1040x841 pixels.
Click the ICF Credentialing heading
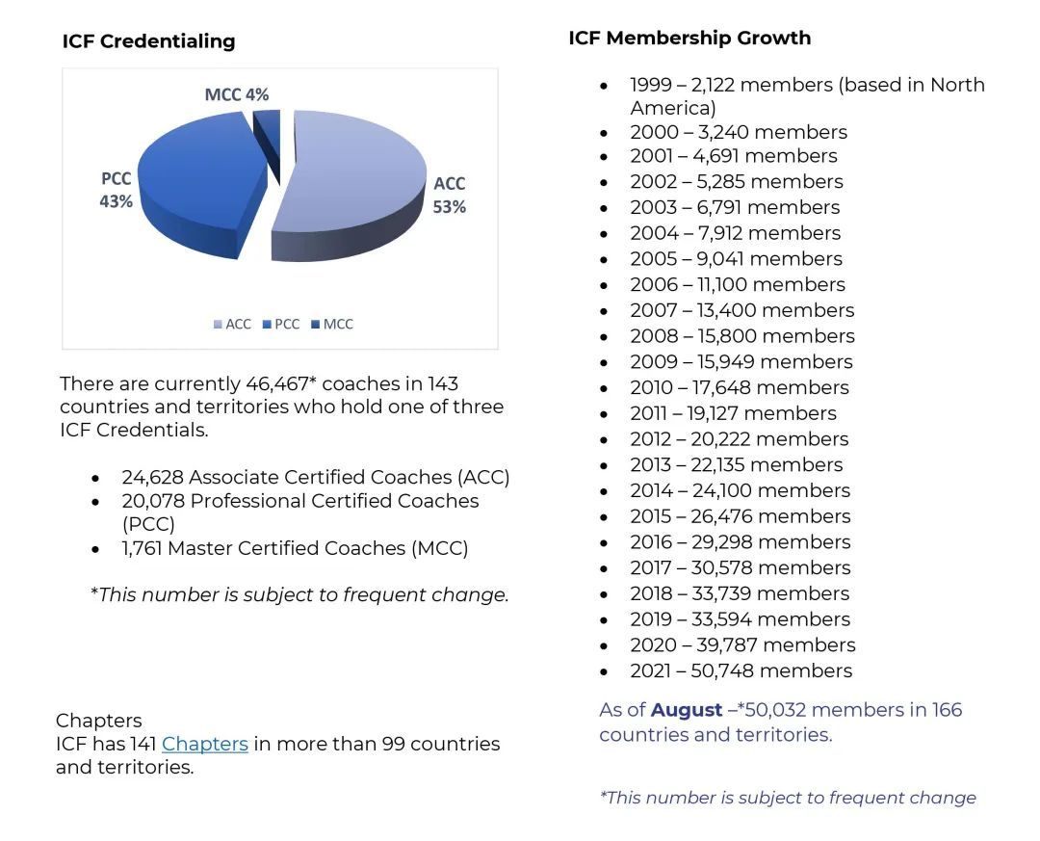(148, 40)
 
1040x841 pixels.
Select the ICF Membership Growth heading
(689, 38)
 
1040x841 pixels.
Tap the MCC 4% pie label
(237, 94)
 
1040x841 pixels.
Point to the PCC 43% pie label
(116, 191)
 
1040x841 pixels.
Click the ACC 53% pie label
(450, 195)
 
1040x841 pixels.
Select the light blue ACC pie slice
(356, 183)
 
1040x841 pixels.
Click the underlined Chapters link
(205, 744)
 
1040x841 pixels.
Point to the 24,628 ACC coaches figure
(151, 477)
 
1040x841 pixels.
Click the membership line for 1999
(807, 85)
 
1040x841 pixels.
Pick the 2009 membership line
(741, 361)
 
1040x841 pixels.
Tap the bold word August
(687, 710)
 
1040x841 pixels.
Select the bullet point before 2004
(605, 234)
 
